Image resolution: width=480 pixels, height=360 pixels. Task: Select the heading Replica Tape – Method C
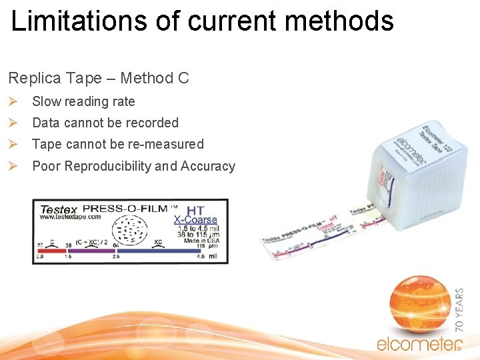pos(99,78)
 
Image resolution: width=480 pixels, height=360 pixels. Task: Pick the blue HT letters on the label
pos(195,210)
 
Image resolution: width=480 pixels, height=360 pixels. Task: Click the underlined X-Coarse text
pos(195,219)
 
